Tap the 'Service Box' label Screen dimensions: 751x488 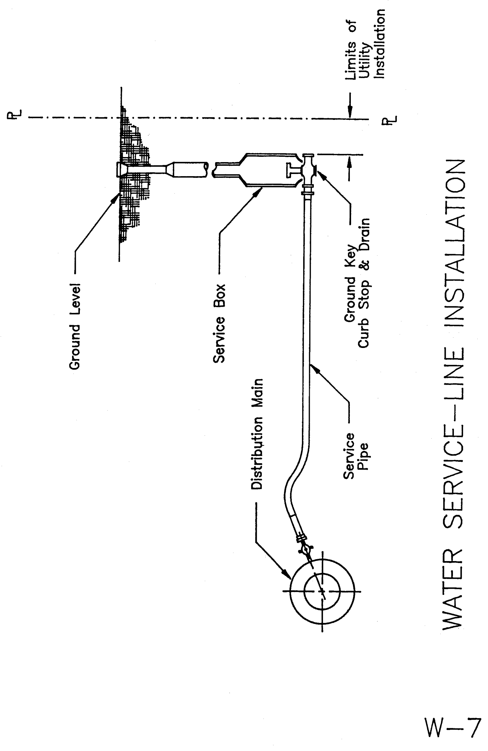[219, 323]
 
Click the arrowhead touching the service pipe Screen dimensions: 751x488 [313, 368]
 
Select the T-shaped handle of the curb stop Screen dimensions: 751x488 [290, 171]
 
